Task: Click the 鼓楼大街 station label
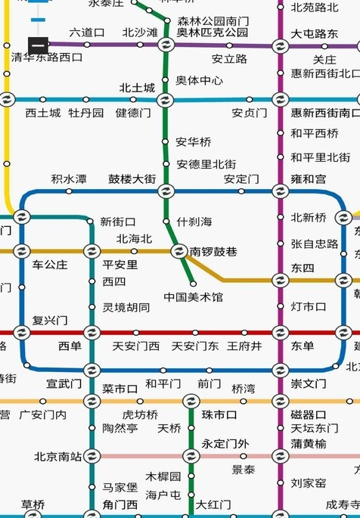coord(132,179)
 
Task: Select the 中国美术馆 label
coord(194,297)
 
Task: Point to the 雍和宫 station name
coord(309,179)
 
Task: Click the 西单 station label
coord(70,346)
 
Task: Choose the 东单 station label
coord(303,346)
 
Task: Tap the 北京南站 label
coord(57,456)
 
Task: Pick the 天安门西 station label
coord(136,346)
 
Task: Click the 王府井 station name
coord(244,346)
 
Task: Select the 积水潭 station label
coord(68,179)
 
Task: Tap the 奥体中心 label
coord(200,80)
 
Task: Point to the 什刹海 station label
coord(194,222)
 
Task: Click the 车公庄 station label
coord(50,265)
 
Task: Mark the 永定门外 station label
coord(225,444)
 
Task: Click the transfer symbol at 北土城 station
coord(166,100)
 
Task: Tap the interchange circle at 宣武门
coord(92,371)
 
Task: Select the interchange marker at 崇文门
coord(280,371)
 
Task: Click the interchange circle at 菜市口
coord(92,401)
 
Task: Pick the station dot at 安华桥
coord(166,142)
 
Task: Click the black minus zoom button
coord(38,45)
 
